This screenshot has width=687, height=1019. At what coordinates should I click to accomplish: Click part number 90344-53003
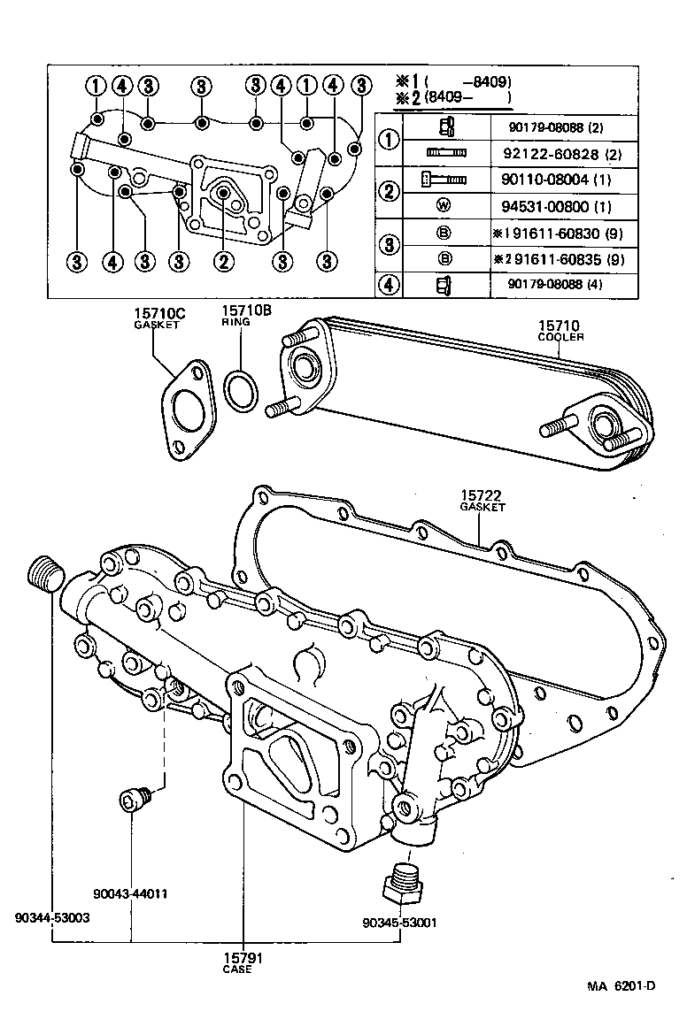coord(52,918)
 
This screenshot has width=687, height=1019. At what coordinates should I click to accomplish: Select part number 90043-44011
coord(133,893)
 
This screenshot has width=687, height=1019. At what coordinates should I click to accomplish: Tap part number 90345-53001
coord(399,922)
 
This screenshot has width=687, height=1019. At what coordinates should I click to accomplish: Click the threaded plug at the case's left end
coord(45,575)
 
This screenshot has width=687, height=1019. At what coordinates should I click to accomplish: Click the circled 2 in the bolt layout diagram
coord(223,261)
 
